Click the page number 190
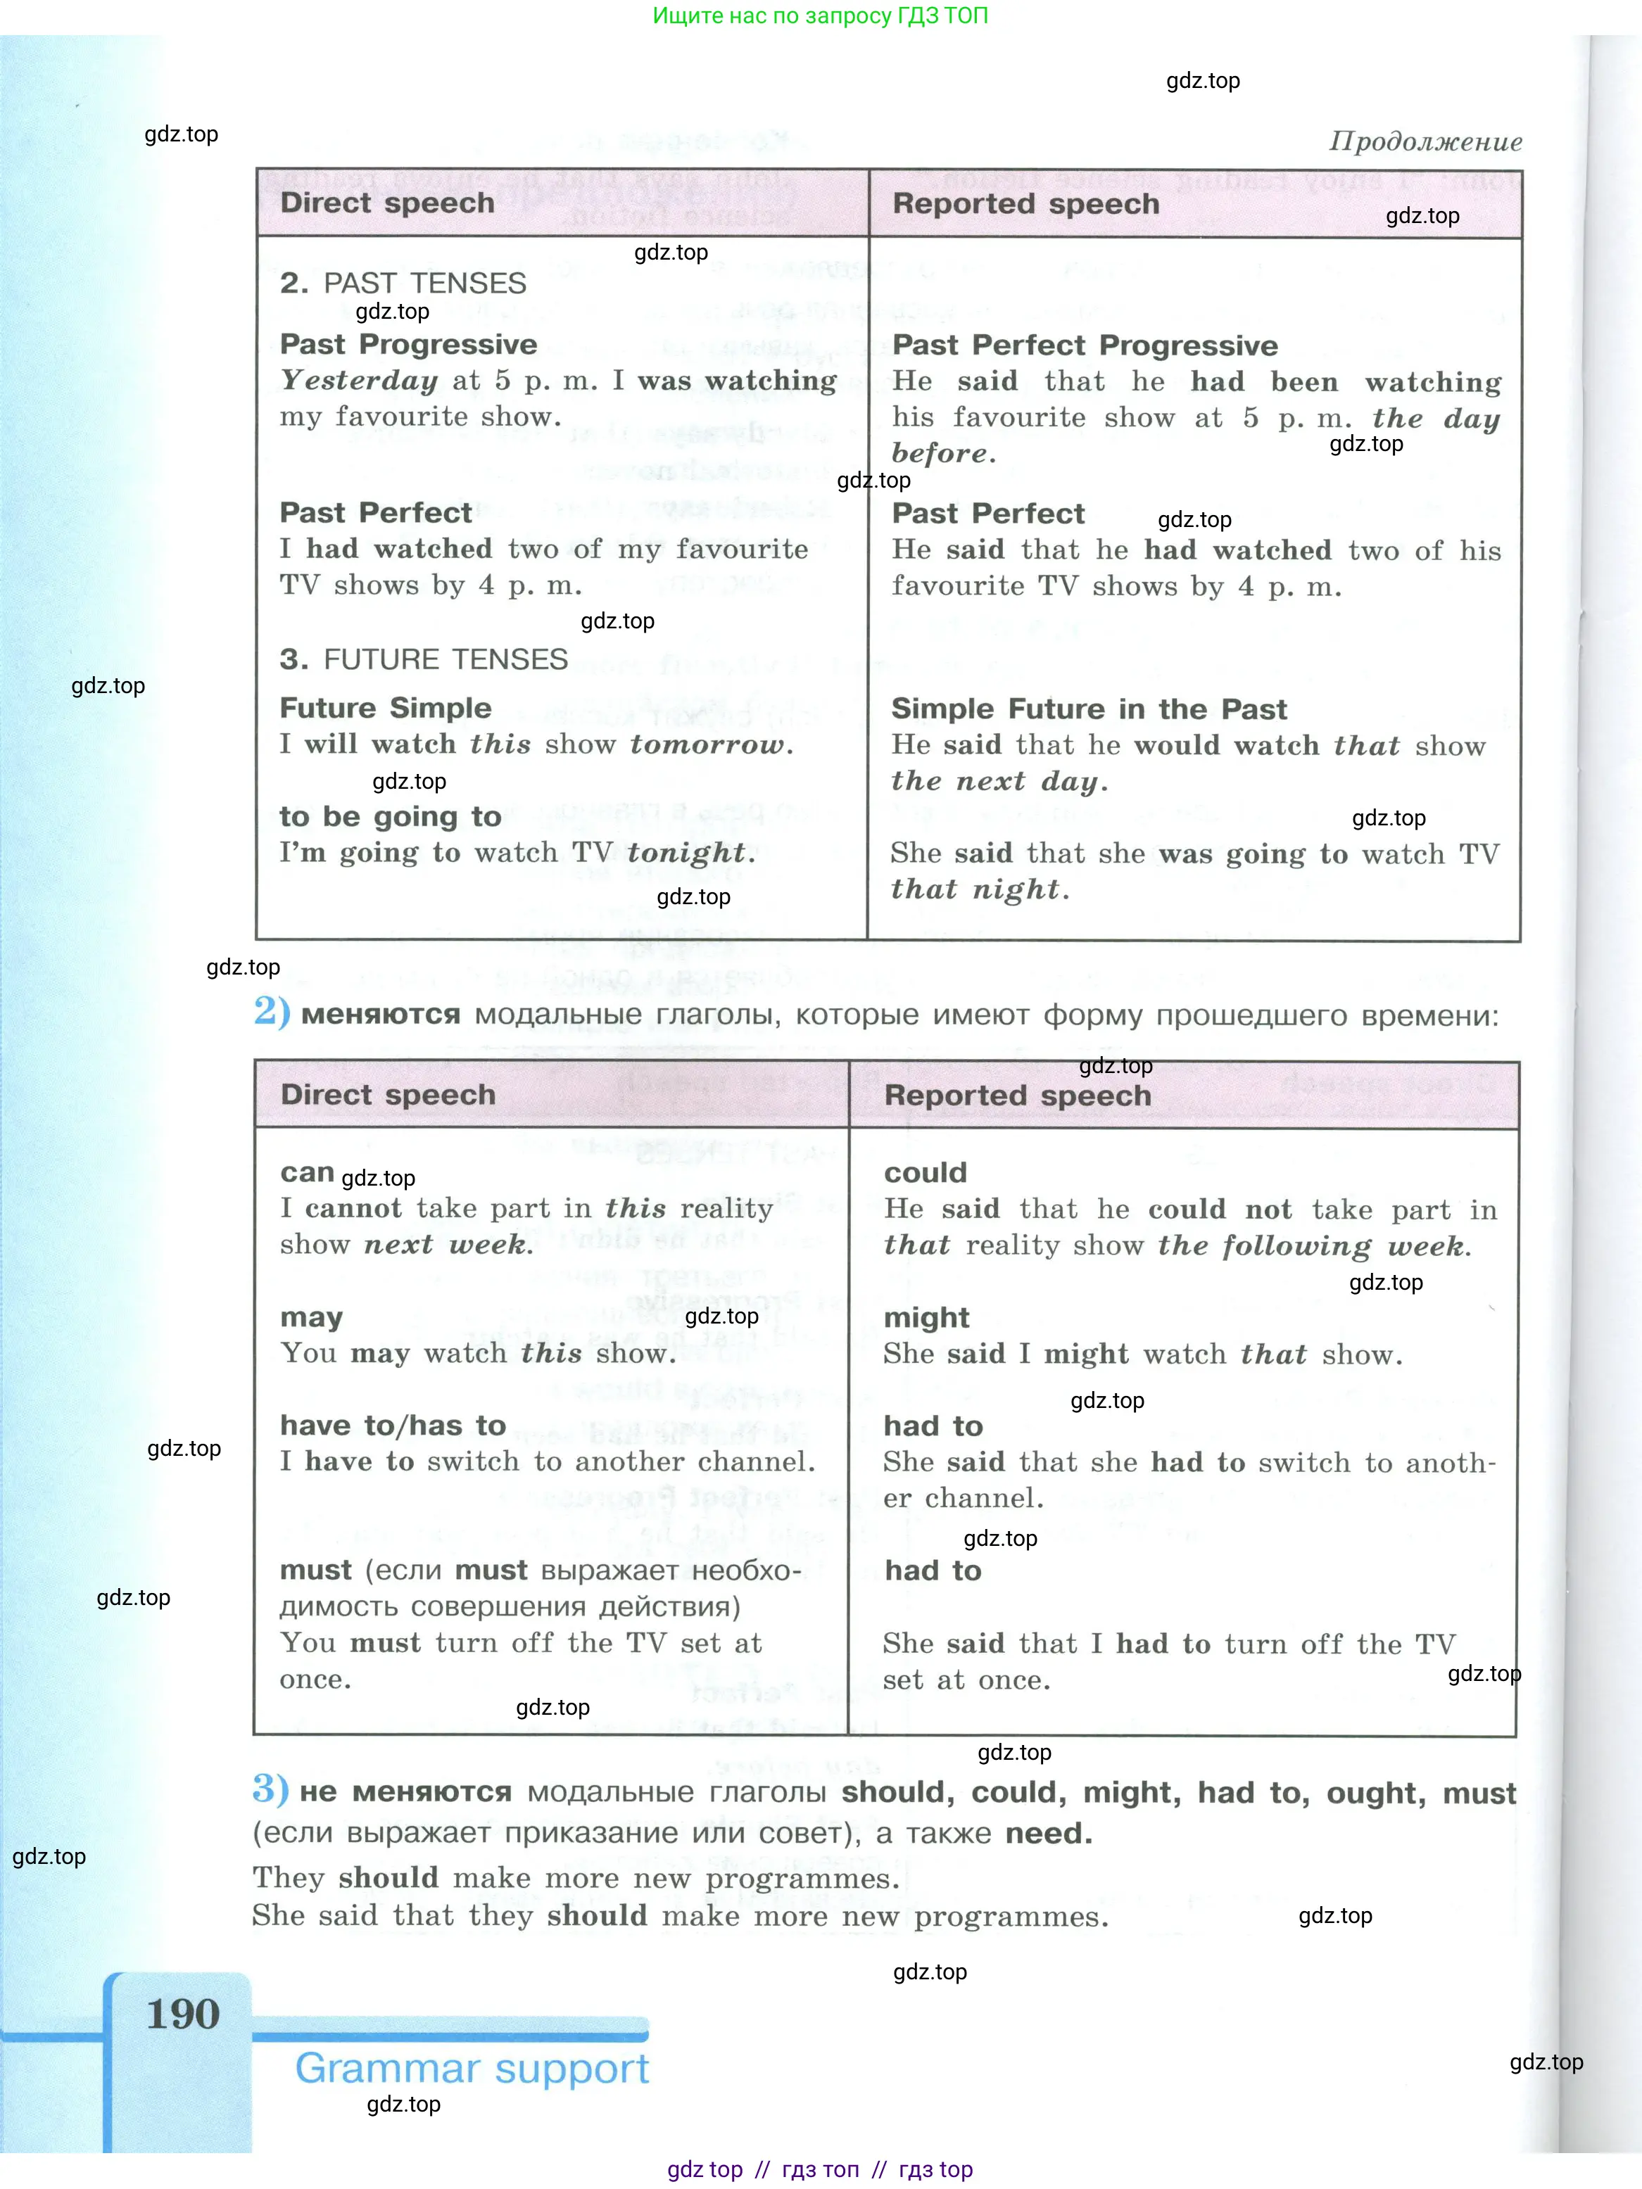point(183,2014)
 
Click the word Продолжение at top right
point(1425,141)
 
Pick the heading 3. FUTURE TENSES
point(424,659)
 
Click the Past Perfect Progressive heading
point(1085,345)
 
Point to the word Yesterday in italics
point(358,380)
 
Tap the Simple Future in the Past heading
point(1089,709)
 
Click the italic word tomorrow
point(711,744)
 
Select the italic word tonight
point(690,852)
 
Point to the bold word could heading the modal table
point(924,1173)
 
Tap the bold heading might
point(926,1317)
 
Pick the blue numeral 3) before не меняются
point(270,1789)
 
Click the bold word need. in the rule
point(1048,1834)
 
